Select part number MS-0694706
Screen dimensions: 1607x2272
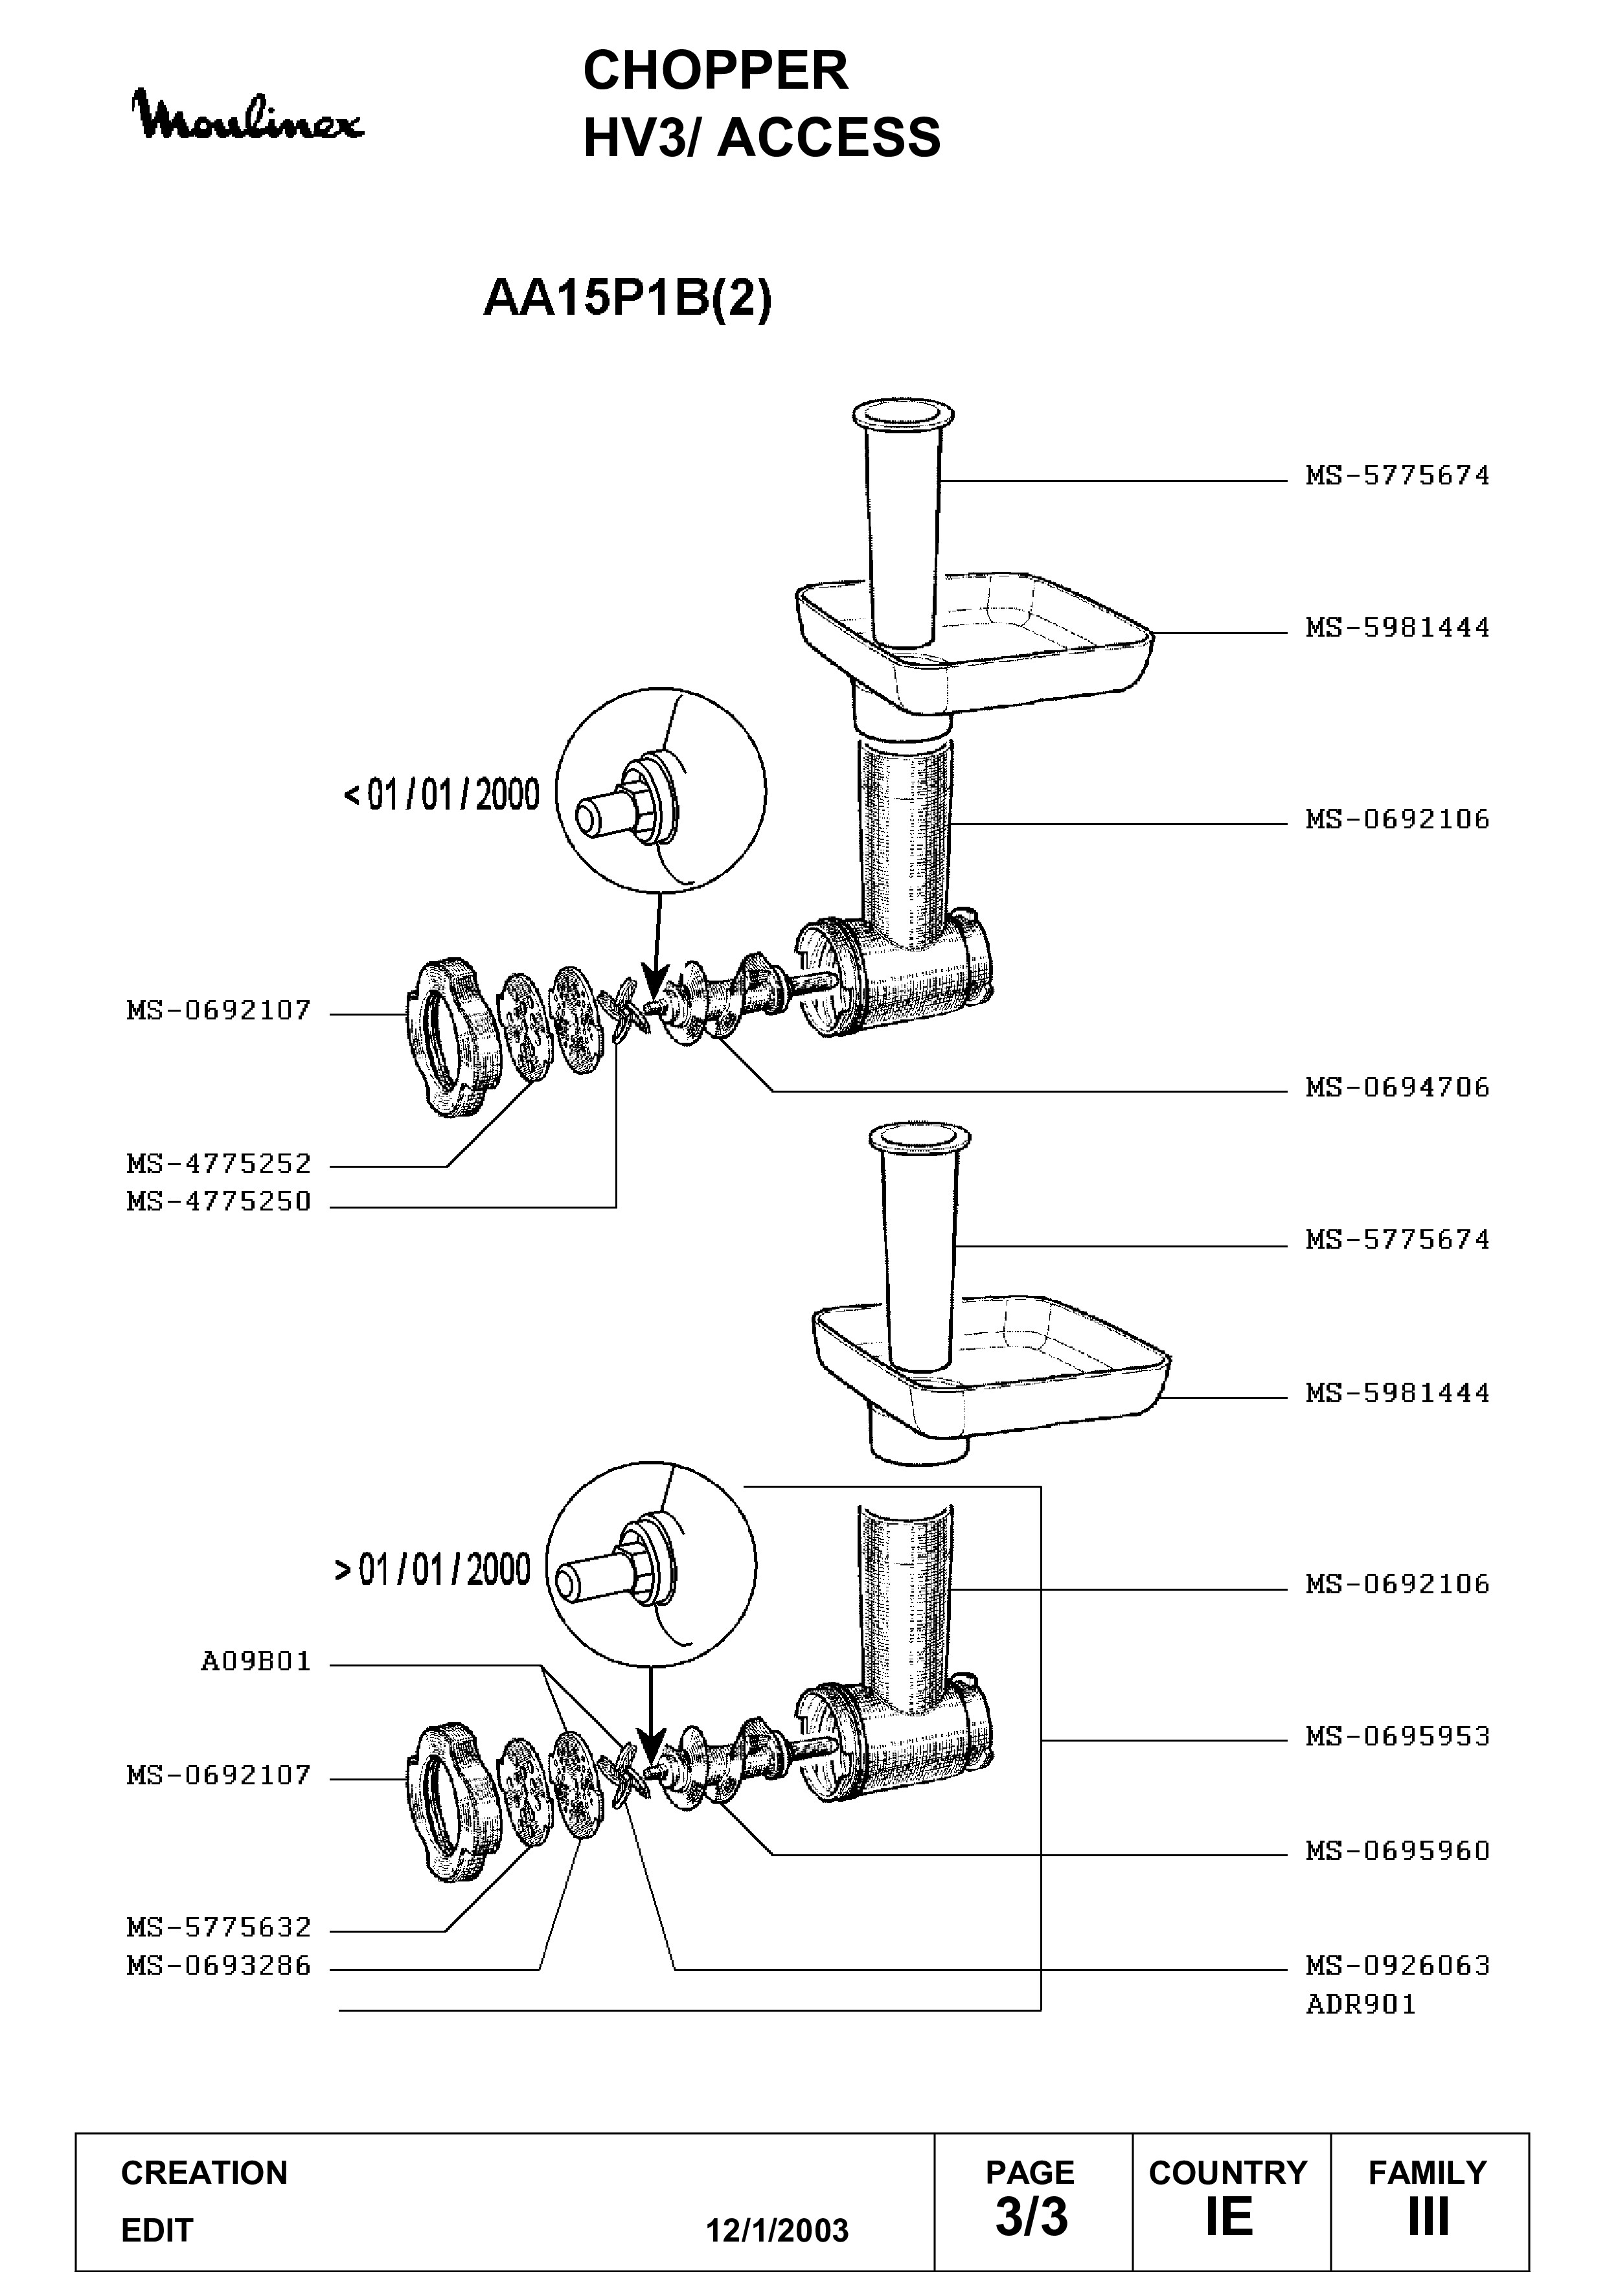1397,1087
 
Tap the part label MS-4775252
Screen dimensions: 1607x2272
219,1164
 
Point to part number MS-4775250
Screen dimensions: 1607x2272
219,1201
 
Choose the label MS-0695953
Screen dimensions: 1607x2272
1397,1736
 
